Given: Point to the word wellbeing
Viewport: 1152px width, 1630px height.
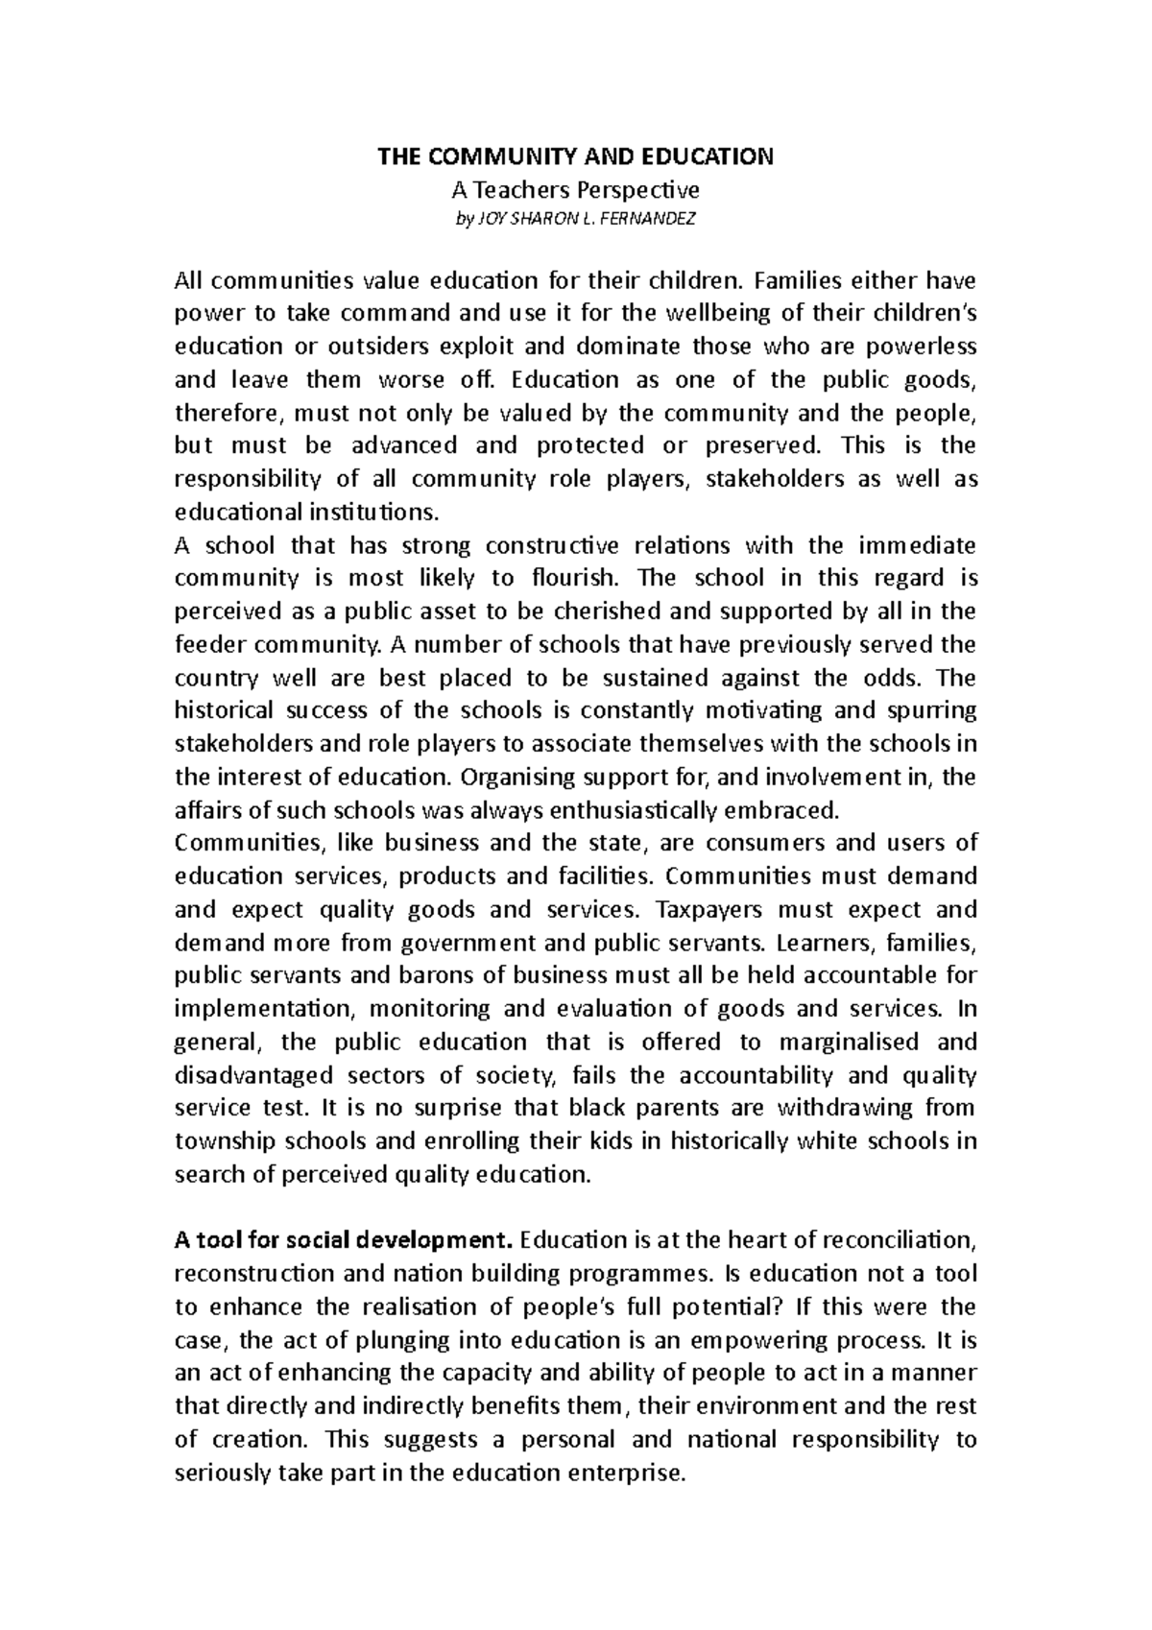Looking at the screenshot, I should (x=712, y=313).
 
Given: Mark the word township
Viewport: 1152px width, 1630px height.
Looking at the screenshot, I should (x=222, y=1141).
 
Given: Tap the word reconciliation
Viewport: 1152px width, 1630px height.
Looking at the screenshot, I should (x=885, y=1240).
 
